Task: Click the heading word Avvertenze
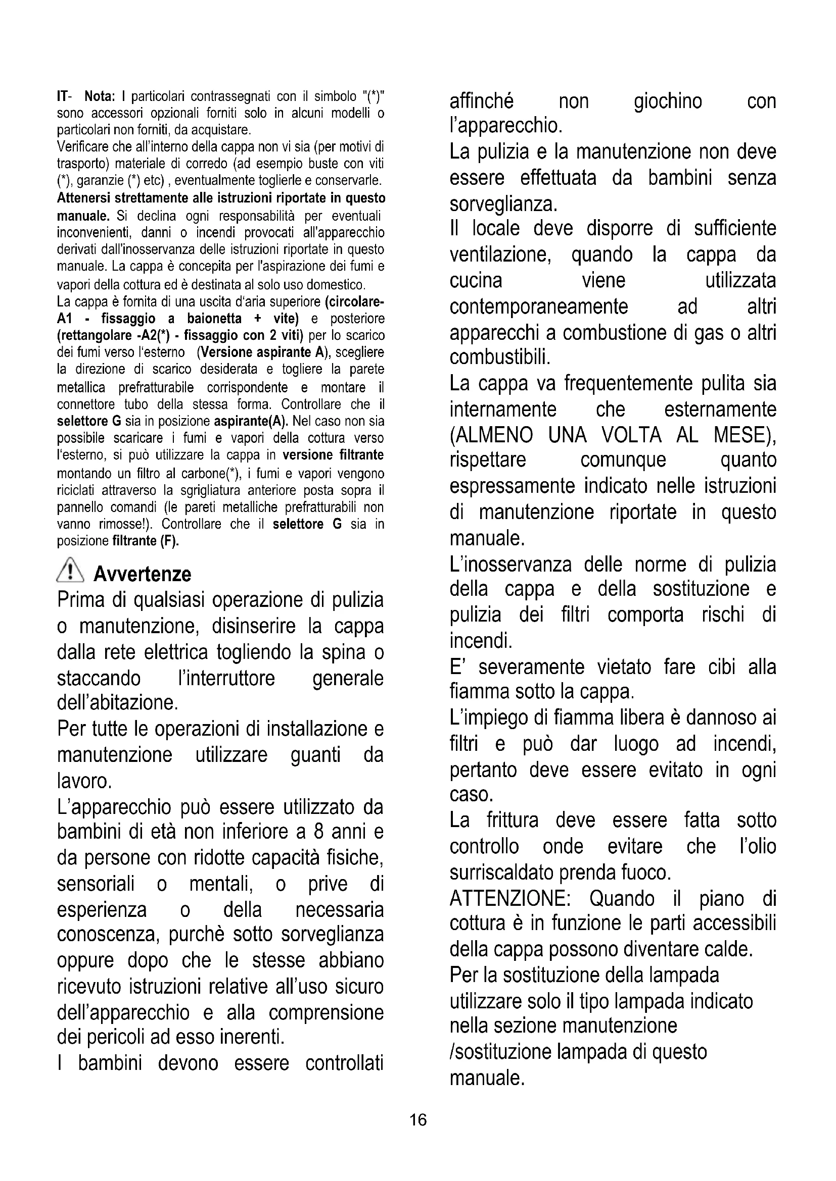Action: [x=142, y=574]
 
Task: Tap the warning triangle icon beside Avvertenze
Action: [x=69, y=572]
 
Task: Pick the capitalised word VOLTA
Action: [x=631, y=435]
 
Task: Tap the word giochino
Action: [x=668, y=101]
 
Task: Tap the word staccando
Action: [x=99, y=678]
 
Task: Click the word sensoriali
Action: [x=96, y=884]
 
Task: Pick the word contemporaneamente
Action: [x=538, y=306]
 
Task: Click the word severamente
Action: [x=531, y=667]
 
